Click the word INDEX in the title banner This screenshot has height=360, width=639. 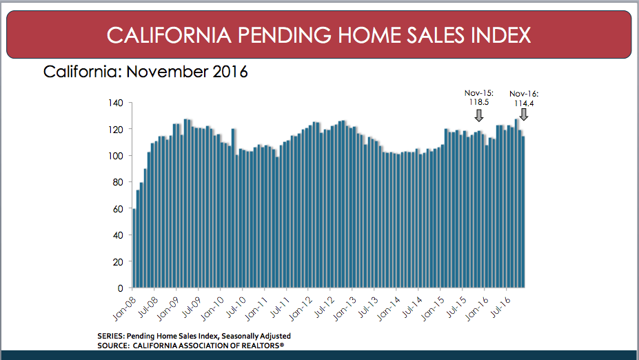498,34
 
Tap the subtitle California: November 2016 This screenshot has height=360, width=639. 145,71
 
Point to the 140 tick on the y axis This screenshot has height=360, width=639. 116,103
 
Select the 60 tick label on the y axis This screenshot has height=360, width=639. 118,208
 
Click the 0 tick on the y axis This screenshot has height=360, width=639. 121,288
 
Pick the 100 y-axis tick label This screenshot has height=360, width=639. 116,156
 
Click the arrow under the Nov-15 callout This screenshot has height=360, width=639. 479,115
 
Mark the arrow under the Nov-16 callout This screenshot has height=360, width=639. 523,114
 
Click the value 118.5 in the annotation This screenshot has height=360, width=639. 480,102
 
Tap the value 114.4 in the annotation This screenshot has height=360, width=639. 523,103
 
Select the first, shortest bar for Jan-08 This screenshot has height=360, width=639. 134,248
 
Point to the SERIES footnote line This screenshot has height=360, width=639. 194,336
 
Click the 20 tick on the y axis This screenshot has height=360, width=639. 118,261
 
